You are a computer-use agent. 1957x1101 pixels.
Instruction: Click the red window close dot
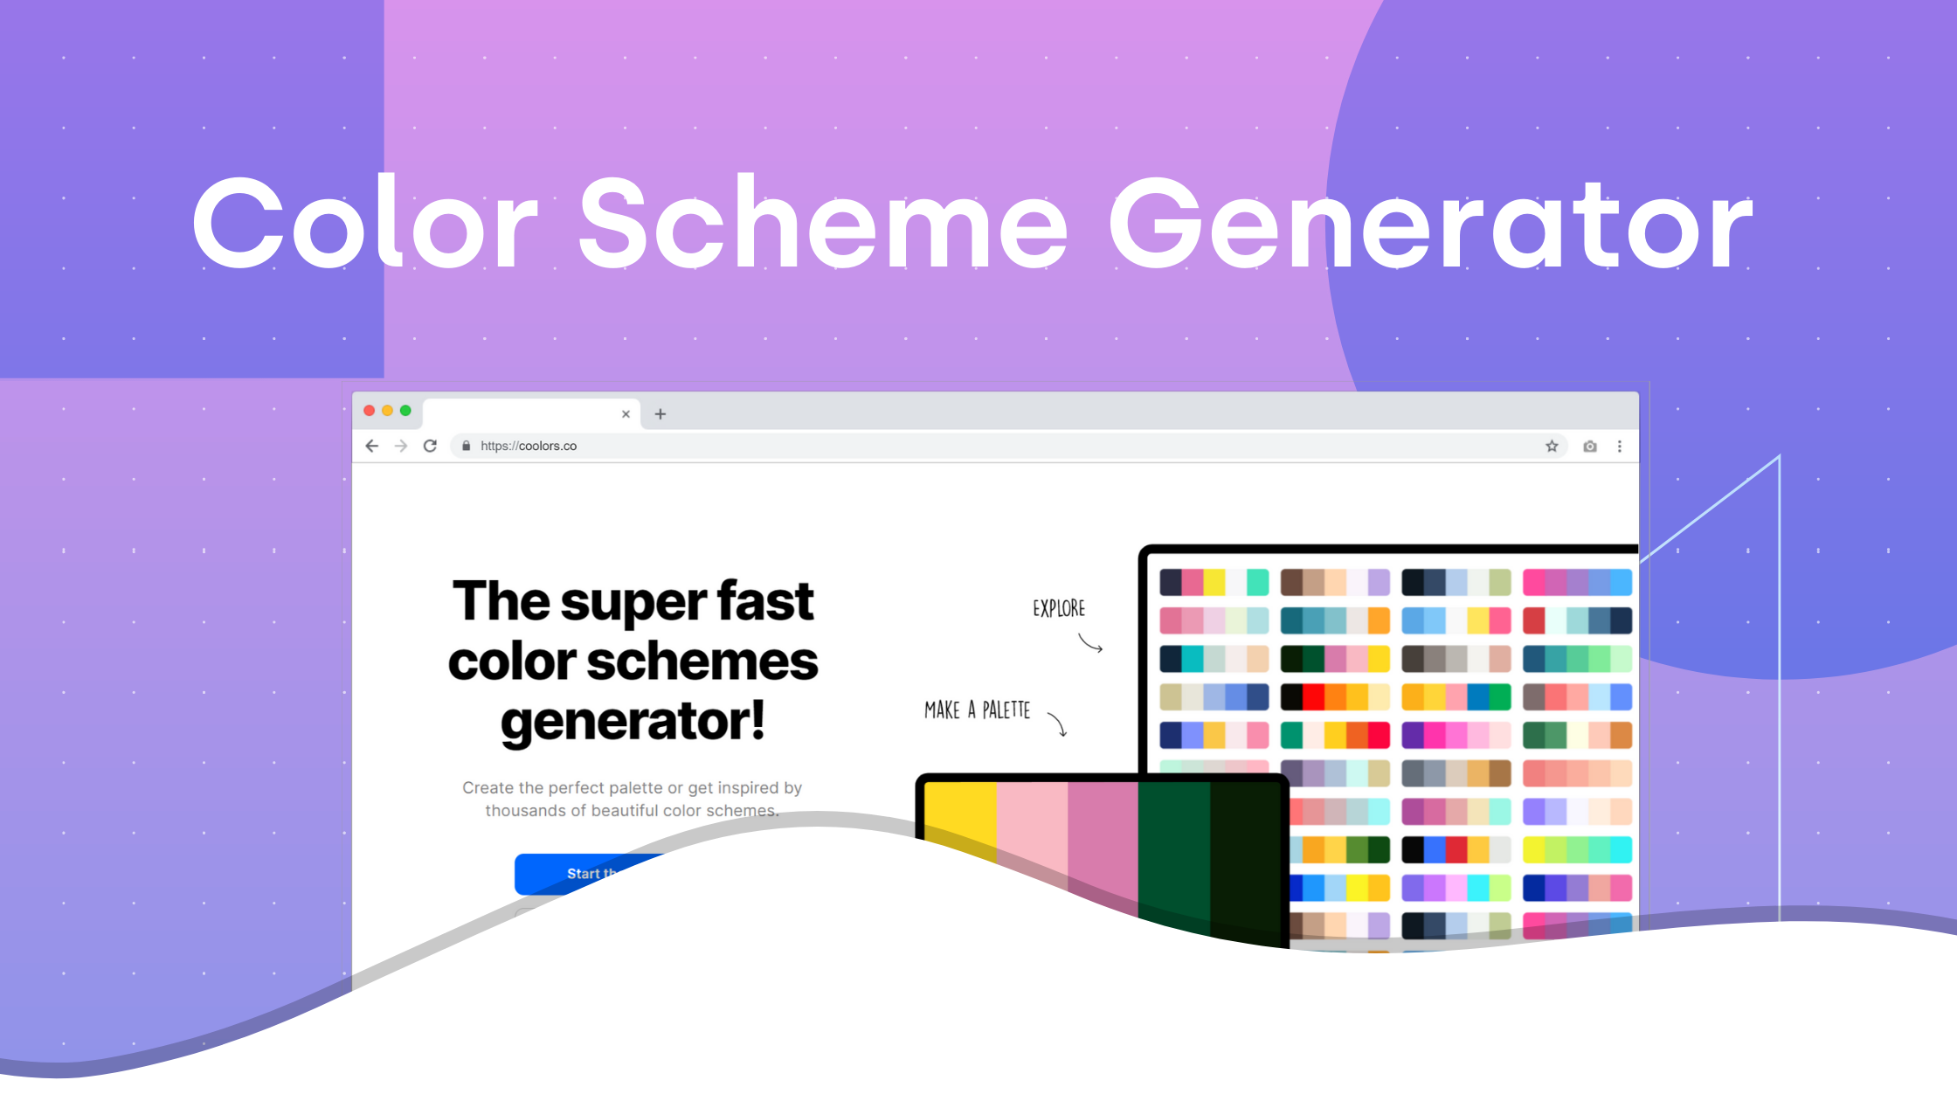pyautogui.click(x=370, y=411)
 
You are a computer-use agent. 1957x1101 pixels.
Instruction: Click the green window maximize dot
pyautogui.click(x=405, y=411)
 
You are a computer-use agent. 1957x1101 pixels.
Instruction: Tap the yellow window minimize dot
pyautogui.click(x=387, y=411)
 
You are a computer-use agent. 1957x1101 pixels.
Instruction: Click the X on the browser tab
pyautogui.click(x=626, y=414)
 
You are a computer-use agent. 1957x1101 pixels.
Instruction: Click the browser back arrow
pyautogui.click(x=372, y=447)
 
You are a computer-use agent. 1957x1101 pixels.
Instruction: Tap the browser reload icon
pyautogui.click(x=430, y=447)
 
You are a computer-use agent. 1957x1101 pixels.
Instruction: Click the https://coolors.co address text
pyautogui.click(x=528, y=447)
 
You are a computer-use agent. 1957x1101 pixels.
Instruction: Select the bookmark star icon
pyautogui.click(x=1552, y=447)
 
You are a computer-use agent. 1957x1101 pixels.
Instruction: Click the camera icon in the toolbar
pyautogui.click(x=1590, y=447)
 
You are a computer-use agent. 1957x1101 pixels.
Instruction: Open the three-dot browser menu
pyautogui.click(x=1620, y=447)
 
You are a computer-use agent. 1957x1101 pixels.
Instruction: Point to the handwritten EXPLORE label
pyautogui.click(x=1059, y=609)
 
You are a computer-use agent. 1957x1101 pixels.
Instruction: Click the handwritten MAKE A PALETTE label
pyautogui.click(x=977, y=710)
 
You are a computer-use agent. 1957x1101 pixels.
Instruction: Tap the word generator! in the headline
pyautogui.click(x=633, y=722)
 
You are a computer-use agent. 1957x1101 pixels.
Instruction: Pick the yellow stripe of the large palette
pyautogui.click(x=960, y=813)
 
